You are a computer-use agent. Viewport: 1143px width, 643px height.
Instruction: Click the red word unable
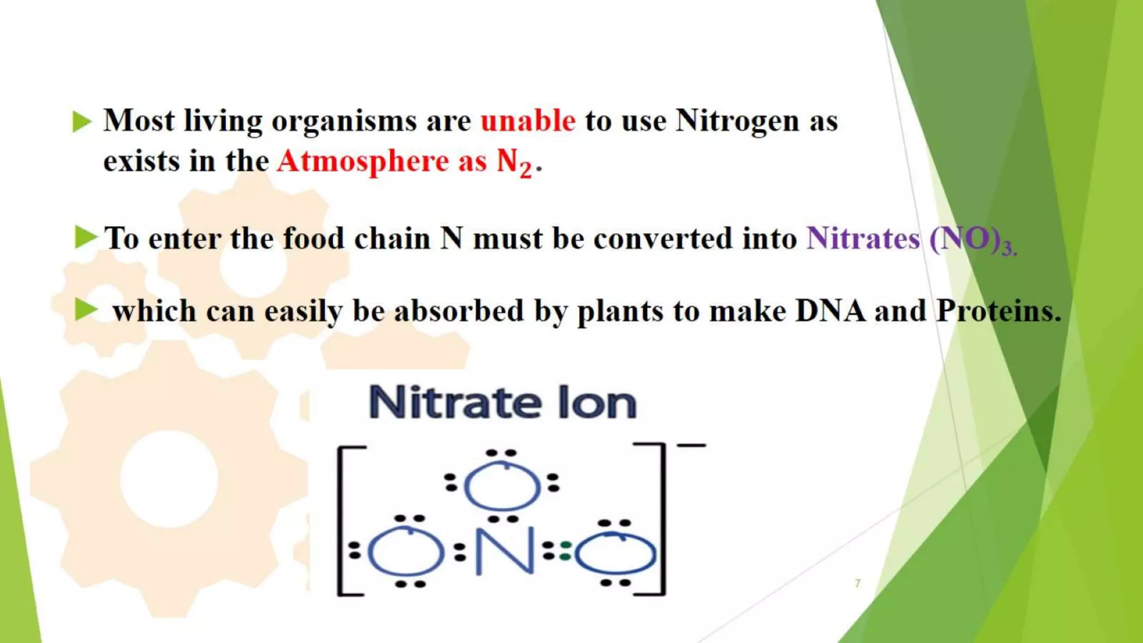(527, 121)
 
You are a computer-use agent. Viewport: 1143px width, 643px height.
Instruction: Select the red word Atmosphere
(363, 161)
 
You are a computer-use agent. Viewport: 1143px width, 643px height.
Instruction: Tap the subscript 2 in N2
(525, 169)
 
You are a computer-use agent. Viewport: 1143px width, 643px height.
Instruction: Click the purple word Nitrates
(863, 239)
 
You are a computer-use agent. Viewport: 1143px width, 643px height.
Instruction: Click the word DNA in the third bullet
(830, 311)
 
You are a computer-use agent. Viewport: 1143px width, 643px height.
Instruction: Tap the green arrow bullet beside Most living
(81, 121)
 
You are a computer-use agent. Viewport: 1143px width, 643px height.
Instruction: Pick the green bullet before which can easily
(85, 310)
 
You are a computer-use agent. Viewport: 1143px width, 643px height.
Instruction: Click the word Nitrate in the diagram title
(455, 402)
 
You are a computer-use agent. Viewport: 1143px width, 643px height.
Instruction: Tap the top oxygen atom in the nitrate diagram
(502, 486)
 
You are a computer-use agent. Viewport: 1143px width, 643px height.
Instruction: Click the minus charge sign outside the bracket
(691, 445)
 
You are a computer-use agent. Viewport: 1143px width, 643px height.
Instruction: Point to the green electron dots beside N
(565, 551)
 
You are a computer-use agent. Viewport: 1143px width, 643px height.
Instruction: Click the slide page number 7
(857, 583)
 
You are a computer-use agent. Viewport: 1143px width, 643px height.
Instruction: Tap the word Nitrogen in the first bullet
(737, 121)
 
